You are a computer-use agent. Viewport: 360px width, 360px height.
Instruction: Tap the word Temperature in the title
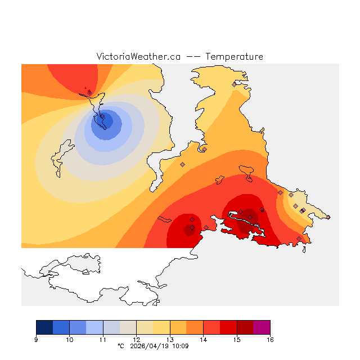point(234,57)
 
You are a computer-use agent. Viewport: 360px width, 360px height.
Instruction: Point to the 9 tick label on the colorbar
point(36,340)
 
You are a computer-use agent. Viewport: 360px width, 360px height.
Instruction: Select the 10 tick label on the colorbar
point(69,340)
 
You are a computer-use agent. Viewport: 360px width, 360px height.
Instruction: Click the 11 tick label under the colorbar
point(103,340)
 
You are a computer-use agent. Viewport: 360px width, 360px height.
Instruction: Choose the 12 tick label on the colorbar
point(136,340)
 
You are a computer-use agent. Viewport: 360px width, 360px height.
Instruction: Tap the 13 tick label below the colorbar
point(170,340)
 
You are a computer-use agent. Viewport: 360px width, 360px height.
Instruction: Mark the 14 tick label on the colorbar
point(203,340)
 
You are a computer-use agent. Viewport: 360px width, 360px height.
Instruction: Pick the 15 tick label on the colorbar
point(237,340)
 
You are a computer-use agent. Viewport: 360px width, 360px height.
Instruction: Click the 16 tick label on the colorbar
point(270,340)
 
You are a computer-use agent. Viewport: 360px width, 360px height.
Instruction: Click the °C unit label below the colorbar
point(120,346)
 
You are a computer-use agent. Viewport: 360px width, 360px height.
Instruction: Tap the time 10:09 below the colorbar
point(181,346)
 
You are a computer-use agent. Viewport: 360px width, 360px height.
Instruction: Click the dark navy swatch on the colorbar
point(44,327)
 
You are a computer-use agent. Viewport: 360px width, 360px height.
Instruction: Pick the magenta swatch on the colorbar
point(262,327)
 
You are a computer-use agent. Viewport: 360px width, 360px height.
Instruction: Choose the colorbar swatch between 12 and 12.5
point(145,327)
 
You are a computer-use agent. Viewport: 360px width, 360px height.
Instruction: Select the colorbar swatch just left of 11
point(94,327)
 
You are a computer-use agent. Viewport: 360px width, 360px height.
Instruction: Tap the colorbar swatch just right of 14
point(211,327)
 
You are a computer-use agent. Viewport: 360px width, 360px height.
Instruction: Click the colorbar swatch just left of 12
point(128,327)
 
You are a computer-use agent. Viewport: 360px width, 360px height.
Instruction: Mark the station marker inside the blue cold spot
point(102,117)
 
